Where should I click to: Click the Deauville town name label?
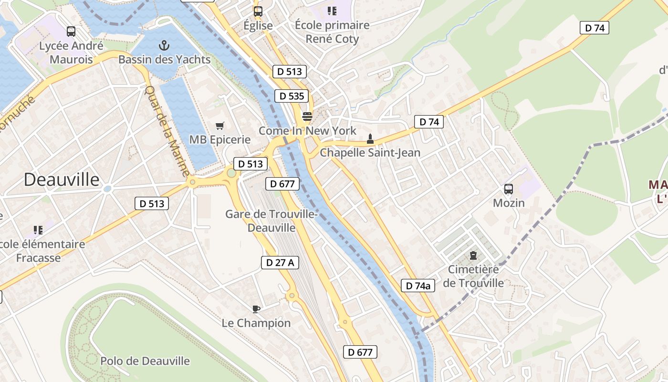(x=62, y=180)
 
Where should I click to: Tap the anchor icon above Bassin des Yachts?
(x=164, y=46)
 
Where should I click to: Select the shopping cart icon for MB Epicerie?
(x=219, y=126)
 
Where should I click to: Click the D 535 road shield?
(x=292, y=96)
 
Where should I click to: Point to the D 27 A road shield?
(x=280, y=262)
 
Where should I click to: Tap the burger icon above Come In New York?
(x=307, y=117)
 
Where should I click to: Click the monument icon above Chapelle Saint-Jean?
(x=369, y=139)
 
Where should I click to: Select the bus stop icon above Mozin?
(x=509, y=189)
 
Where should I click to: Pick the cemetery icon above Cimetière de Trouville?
(x=473, y=255)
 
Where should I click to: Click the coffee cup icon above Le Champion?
(x=256, y=309)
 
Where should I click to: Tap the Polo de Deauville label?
(x=145, y=361)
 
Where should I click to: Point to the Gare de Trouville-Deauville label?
(x=271, y=221)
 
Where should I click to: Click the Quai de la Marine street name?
(x=167, y=131)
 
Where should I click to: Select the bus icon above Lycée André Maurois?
(x=71, y=32)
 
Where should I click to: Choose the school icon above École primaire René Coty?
(x=332, y=11)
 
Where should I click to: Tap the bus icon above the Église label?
(x=258, y=11)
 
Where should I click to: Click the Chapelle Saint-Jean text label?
(x=370, y=153)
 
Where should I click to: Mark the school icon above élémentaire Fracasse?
(x=38, y=230)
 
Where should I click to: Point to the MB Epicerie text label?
(x=220, y=139)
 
